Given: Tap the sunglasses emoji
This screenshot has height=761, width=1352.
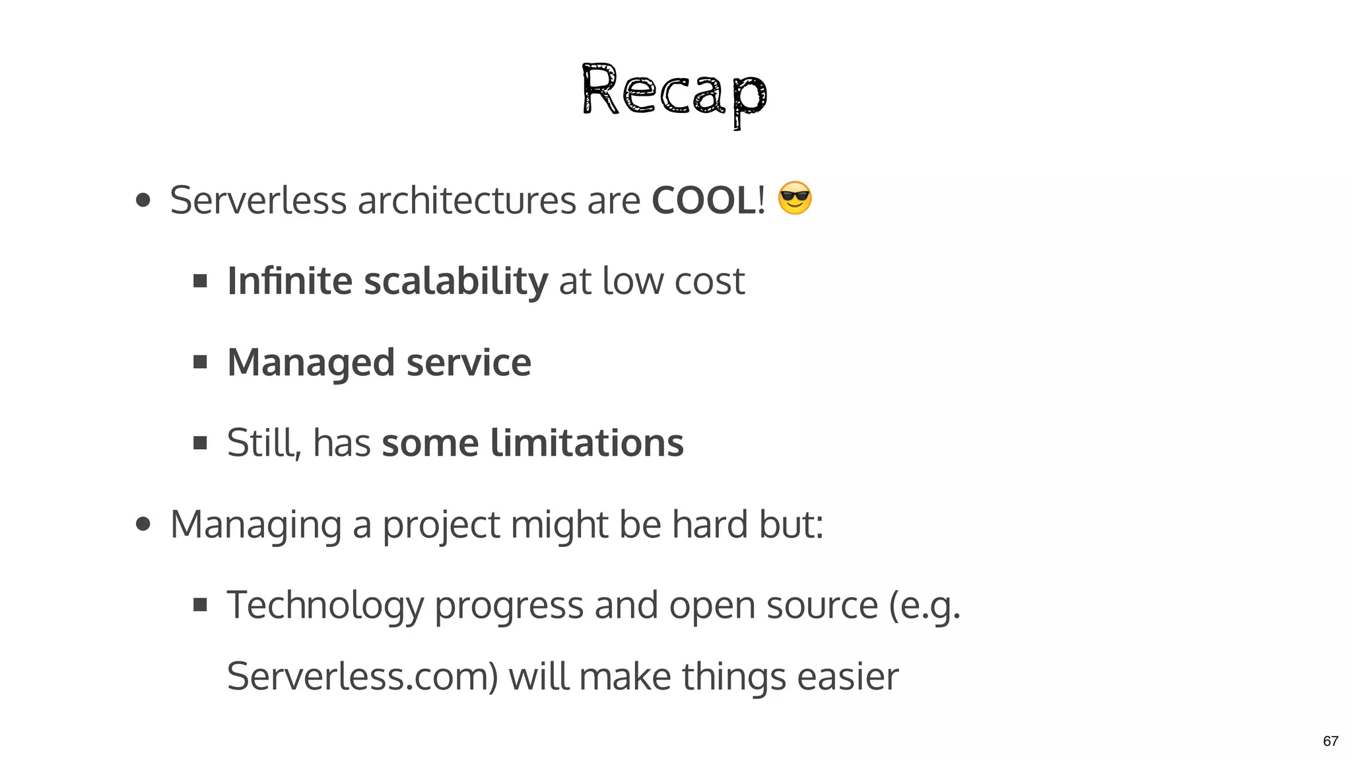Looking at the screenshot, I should (794, 198).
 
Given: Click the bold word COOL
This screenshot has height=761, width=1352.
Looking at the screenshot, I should (703, 200).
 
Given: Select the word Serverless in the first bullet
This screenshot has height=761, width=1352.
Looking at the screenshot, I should (258, 200).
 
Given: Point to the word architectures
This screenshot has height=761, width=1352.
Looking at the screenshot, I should (466, 200).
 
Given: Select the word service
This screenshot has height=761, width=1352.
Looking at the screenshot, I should (469, 363).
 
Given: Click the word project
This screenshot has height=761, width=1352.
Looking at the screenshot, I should (441, 526).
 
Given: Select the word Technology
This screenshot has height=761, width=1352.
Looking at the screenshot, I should (325, 606).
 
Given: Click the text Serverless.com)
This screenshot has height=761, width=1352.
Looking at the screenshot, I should (362, 677).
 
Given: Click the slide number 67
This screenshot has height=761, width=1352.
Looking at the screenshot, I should (1330, 741).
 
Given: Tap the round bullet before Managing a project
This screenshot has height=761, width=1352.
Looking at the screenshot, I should (143, 525).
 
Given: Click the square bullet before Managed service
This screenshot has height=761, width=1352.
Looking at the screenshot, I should (200, 362).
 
